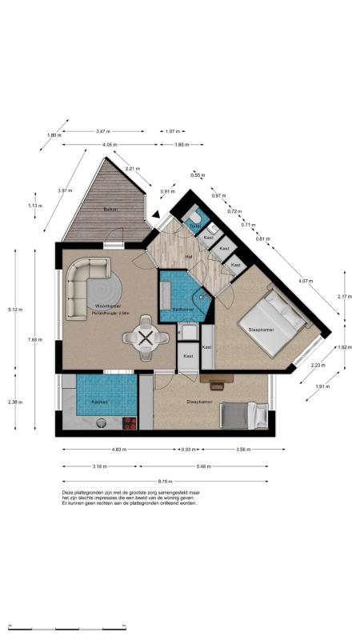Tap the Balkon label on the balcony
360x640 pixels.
tap(110, 210)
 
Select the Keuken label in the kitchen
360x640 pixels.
tap(99, 402)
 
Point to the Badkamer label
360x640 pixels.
tap(183, 309)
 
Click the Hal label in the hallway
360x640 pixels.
tap(190, 256)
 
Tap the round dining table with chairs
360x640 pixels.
tap(145, 338)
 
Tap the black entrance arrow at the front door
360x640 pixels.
tap(157, 214)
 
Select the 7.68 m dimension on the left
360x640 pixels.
tap(34, 339)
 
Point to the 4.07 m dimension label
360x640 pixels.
tap(305, 281)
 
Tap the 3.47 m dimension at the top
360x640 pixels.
tap(102, 130)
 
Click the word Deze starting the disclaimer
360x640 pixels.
tap(69, 493)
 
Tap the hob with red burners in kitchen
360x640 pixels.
tap(127, 423)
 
